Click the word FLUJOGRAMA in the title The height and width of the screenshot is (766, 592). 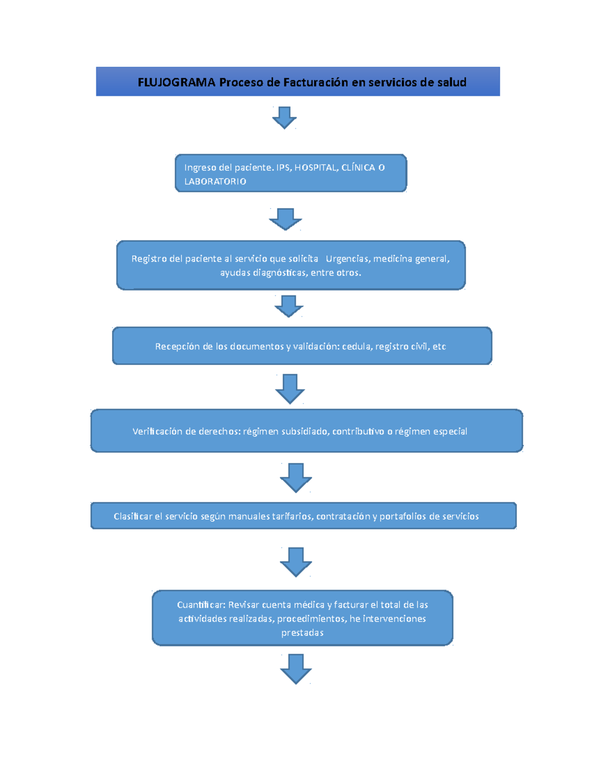tap(176, 82)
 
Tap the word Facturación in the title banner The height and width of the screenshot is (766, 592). tap(316, 82)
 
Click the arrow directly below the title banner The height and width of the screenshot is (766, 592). tap(284, 117)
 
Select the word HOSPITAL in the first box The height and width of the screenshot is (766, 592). tap(316, 168)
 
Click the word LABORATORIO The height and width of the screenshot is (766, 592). tap(215, 182)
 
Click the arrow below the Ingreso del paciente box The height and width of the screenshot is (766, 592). tap(285, 219)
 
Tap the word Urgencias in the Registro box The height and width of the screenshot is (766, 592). tap(347, 259)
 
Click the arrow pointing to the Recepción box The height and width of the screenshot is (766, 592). tap(289, 306)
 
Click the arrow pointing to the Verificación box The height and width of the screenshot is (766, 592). tap(290, 388)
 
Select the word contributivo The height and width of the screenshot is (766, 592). tap(359, 432)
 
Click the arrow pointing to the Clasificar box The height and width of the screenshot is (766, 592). tap(296, 477)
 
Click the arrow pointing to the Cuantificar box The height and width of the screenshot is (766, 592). tap(296, 561)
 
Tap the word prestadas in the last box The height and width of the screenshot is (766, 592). tap(302, 633)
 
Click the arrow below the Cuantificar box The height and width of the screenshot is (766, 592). tap(296, 668)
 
